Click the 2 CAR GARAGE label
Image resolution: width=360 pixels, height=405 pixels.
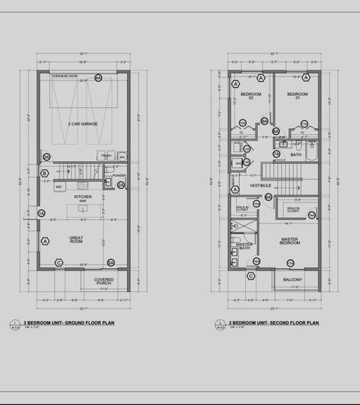83,124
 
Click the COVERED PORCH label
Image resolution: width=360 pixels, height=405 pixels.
103,281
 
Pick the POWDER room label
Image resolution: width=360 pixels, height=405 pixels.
120,175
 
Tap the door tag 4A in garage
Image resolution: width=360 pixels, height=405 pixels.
98,78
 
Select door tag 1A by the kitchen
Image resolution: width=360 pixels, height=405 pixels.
41,214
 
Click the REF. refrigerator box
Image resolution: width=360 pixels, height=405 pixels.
59,186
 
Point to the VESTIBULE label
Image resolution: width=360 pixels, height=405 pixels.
261,185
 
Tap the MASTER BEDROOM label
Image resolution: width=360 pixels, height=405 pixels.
290,240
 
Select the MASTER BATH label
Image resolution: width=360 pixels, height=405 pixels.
245,246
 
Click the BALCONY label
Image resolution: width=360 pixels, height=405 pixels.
292,279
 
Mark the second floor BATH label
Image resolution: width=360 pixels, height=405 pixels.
296,155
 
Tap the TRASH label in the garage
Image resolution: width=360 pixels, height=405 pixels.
106,156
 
